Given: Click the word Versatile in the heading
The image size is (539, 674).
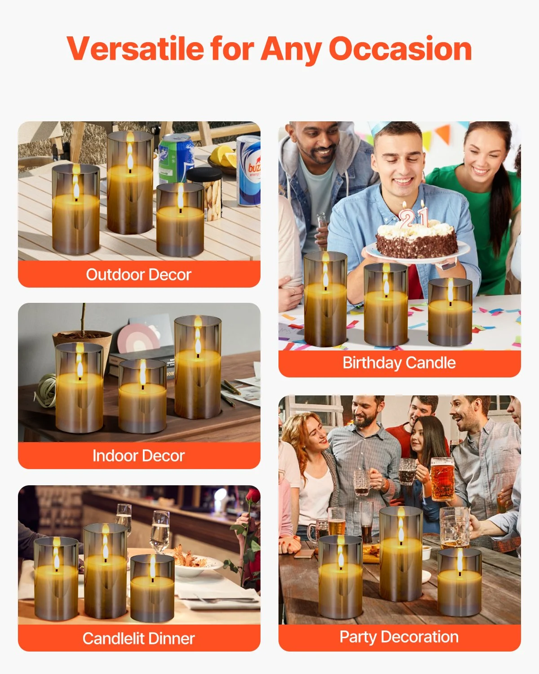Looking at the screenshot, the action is [x=135, y=49].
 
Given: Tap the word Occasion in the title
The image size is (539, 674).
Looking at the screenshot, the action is [x=400, y=49].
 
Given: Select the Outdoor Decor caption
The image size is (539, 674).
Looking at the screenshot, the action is [x=139, y=275].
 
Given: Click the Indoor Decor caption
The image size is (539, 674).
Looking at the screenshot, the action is [x=139, y=456].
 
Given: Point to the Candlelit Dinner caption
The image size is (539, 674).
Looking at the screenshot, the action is [x=139, y=639].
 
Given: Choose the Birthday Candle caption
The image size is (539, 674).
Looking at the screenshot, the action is [x=399, y=363].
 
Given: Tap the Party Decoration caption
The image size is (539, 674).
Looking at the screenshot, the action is [x=399, y=637].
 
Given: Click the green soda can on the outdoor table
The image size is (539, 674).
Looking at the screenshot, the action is [x=175, y=159].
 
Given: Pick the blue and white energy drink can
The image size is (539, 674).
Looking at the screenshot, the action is [x=249, y=171].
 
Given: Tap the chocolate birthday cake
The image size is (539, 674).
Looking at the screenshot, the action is [x=416, y=239].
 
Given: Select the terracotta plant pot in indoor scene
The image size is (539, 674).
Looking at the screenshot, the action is [x=83, y=343].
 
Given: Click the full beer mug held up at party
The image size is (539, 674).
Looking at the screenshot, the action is [x=442, y=479].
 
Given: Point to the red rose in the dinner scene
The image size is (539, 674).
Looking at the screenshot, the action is [x=253, y=496].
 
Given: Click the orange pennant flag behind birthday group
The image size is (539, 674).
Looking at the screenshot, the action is [x=443, y=134].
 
